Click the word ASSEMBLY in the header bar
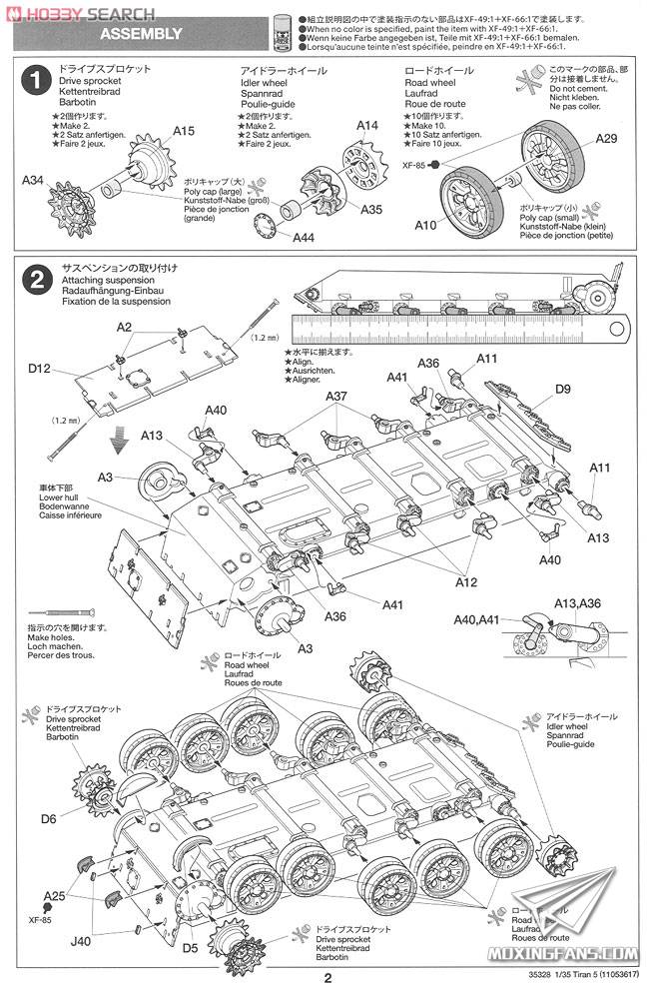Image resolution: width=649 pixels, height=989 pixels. point(141,34)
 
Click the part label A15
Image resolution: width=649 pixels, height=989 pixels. point(184,131)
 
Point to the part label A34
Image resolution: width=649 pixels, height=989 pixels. point(34,180)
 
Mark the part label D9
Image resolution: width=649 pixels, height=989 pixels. point(562,389)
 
